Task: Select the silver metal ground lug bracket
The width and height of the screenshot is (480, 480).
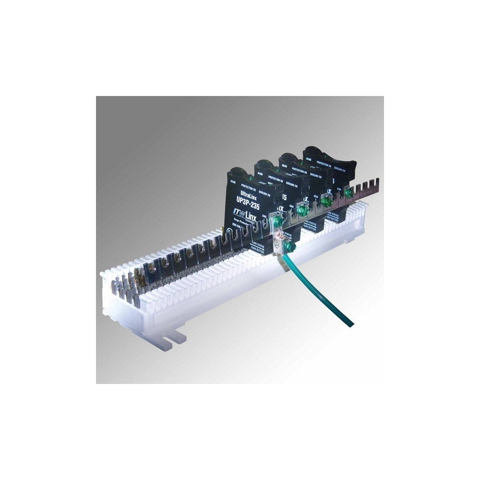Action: (278, 240)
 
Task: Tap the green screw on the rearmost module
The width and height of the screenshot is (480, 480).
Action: (348, 192)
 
